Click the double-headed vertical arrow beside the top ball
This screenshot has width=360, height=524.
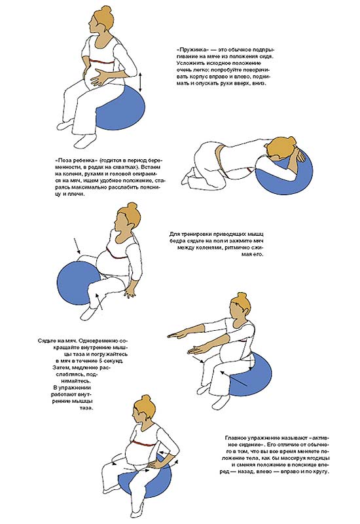(140, 82)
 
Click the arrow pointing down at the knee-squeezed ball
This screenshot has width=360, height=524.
(77, 245)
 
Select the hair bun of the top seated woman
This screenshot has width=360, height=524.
(106, 9)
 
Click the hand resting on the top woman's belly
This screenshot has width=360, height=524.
(99, 77)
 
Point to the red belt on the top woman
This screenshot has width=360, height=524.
(101, 63)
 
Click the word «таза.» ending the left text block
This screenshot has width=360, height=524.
(86, 407)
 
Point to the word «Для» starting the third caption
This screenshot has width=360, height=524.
(175, 234)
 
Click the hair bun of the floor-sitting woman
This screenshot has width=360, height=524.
(133, 206)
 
